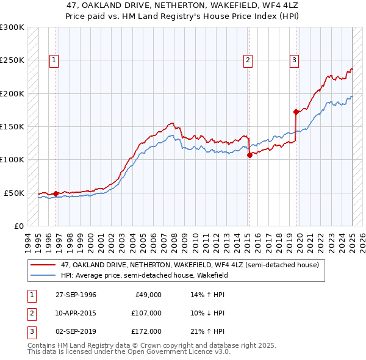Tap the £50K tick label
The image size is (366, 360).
click(x=14, y=193)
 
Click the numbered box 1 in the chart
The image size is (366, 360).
click(x=55, y=60)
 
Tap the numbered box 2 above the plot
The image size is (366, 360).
click(x=248, y=60)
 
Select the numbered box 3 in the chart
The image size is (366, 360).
click(x=294, y=60)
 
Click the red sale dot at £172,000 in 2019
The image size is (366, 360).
click(x=296, y=112)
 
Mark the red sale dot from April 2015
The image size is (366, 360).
click(x=249, y=155)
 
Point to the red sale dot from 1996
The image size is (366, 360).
click(x=56, y=193)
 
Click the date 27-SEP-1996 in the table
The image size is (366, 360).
click(x=76, y=295)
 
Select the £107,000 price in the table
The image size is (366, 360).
click(x=147, y=313)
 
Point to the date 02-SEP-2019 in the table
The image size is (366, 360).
click(x=76, y=331)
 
